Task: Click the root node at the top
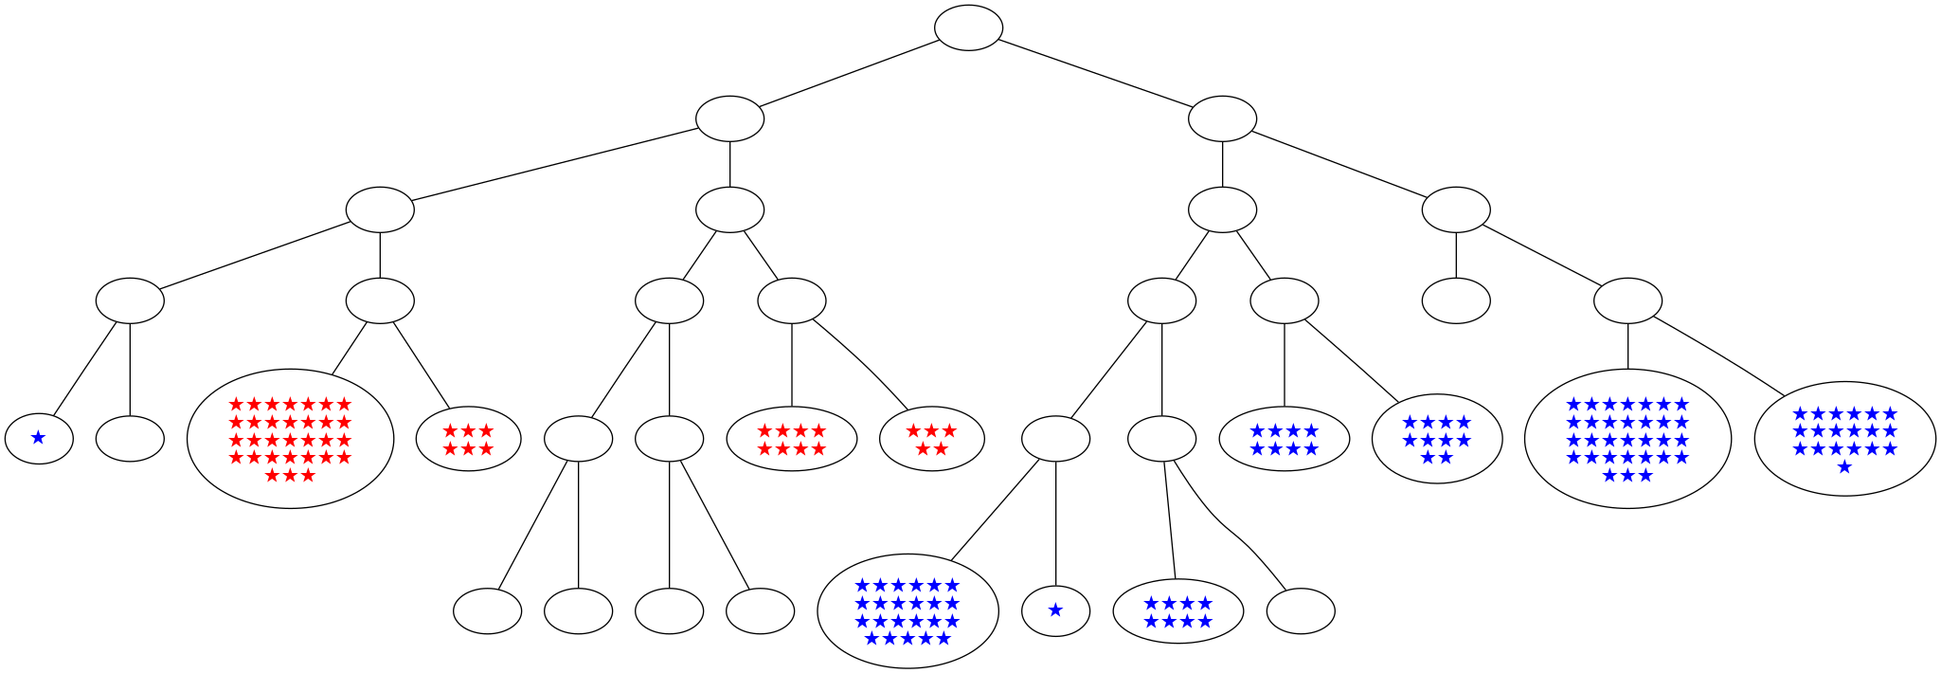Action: [968, 27]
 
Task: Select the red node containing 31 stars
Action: [290, 439]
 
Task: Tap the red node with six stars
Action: [468, 439]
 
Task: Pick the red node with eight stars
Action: [791, 439]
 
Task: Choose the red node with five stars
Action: [931, 439]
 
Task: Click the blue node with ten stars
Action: [1436, 439]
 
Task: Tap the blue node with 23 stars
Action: [907, 611]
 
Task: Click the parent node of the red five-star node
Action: [791, 301]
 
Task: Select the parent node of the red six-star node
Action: [379, 301]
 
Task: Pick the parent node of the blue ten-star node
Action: [1284, 301]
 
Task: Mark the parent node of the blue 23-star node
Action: [1055, 439]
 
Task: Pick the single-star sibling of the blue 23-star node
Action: [1055, 611]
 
